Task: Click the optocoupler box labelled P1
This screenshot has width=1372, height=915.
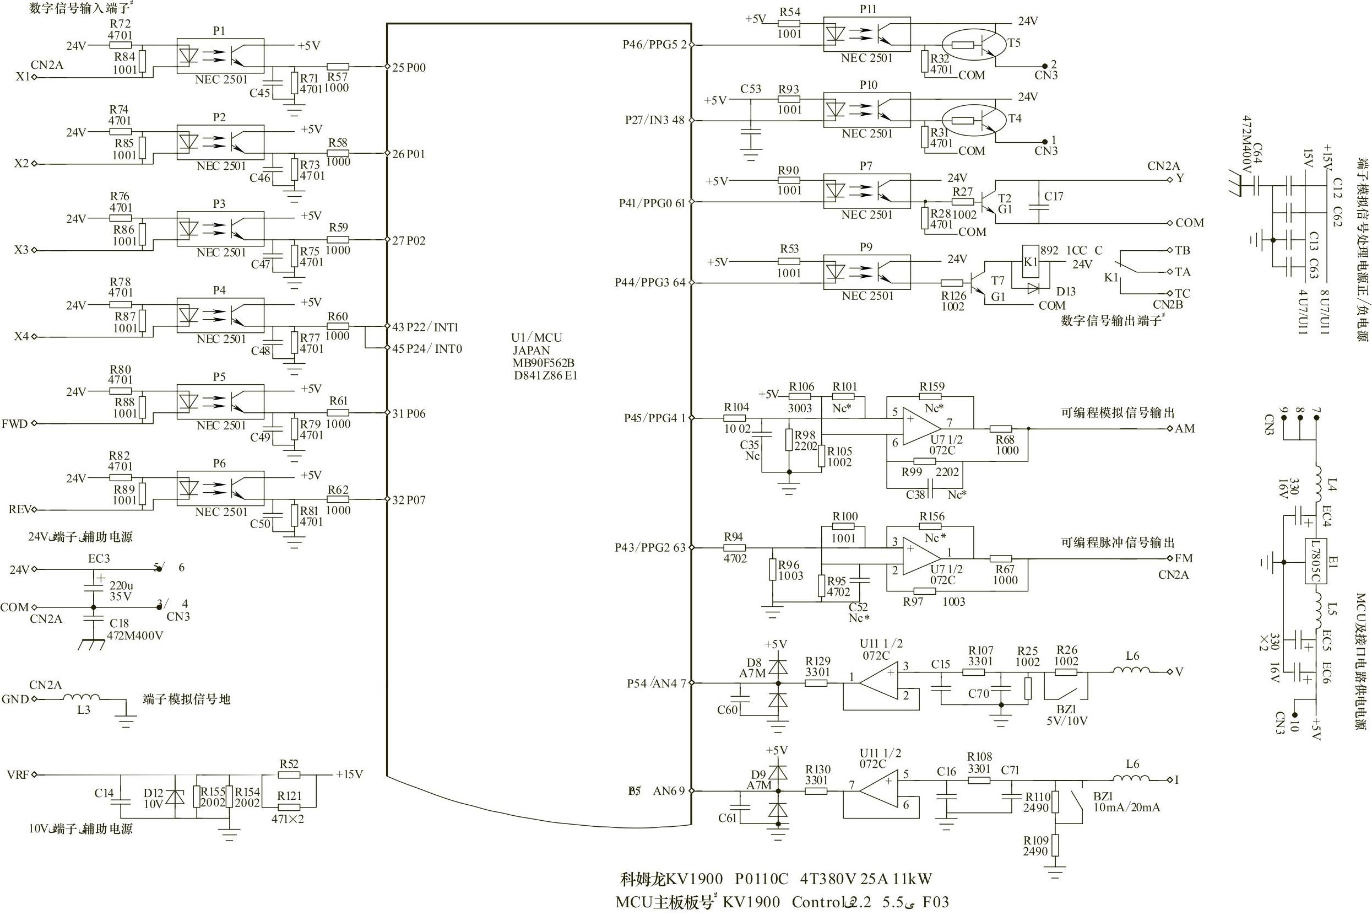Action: (x=220, y=56)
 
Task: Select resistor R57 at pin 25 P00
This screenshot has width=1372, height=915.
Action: (x=338, y=67)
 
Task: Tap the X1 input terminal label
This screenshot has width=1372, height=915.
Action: (x=22, y=77)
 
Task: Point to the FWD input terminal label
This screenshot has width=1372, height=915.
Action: (x=14, y=424)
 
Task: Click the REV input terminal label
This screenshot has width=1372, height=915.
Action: (x=19, y=509)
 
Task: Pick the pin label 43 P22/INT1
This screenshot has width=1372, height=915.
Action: (x=425, y=327)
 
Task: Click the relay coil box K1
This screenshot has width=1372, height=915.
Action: (x=1031, y=262)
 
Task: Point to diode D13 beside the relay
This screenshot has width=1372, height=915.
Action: (x=1033, y=288)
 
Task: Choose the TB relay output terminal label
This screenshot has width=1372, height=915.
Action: (x=1182, y=250)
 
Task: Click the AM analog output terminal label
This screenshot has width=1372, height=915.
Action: (x=1184, y=429)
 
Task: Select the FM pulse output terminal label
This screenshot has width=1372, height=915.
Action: (x=1183, y=558)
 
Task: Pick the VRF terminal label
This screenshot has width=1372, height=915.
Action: (x=18, y=775)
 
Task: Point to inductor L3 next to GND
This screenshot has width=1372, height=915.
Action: (x=82, y=697)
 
